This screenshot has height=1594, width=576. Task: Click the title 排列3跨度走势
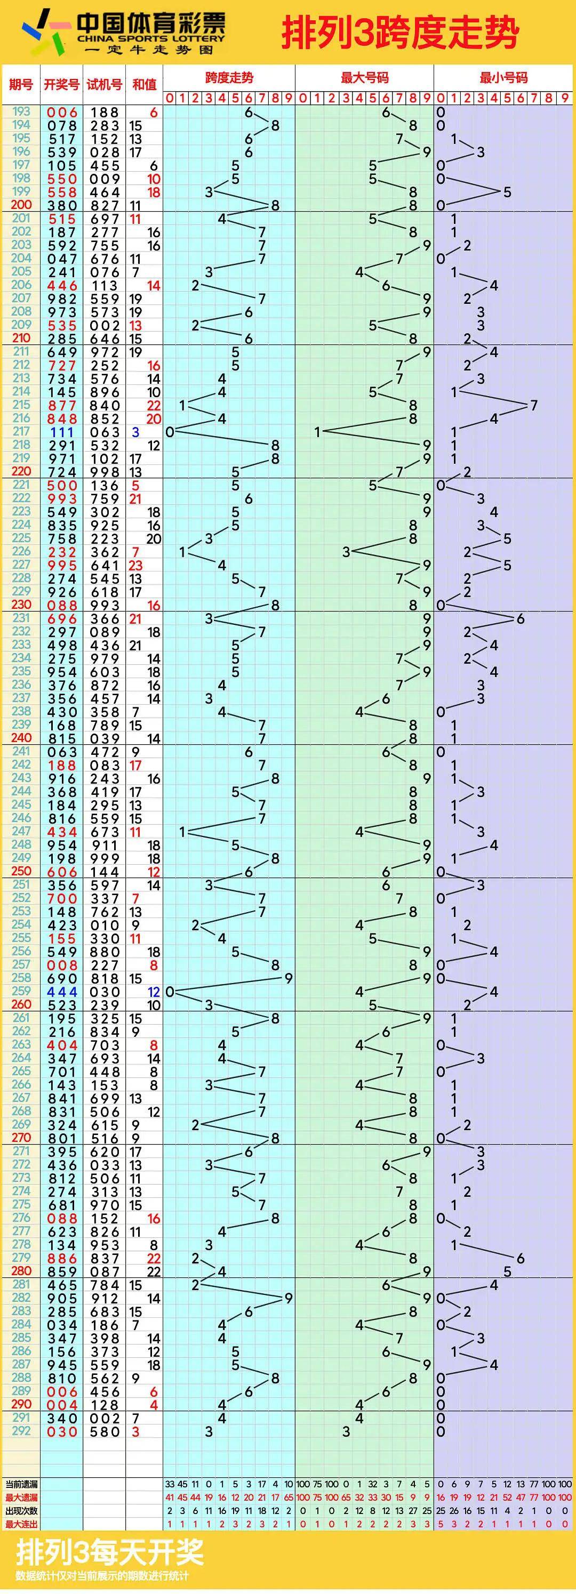pos(399,32)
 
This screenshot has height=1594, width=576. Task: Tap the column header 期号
pos(20,84)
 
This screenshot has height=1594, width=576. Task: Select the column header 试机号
pos(104,84)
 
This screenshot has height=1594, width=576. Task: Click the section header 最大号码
pos(364,77)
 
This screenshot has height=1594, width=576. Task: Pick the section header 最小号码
pos(503,77)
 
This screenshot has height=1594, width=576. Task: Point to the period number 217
pos(21,431)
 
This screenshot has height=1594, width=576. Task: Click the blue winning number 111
pos(62,432)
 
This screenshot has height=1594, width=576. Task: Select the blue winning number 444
pos(62,992)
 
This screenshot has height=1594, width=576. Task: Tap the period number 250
pos(21,871)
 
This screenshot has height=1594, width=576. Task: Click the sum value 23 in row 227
pos(135,566)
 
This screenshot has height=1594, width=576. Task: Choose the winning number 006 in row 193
pos(62,112)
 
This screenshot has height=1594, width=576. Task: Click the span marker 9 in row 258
pos(288,978)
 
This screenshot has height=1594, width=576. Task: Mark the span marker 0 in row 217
pos(170,432)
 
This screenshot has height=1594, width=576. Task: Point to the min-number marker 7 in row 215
pos(534,405)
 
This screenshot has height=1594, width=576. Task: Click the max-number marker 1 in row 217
pos(317,432)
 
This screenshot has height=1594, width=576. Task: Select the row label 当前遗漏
pos(21,1484)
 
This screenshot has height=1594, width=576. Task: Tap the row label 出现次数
pos(21,1510)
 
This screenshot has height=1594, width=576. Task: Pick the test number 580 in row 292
pos(104,1432)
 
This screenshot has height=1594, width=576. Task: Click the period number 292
pos(21,1431)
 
